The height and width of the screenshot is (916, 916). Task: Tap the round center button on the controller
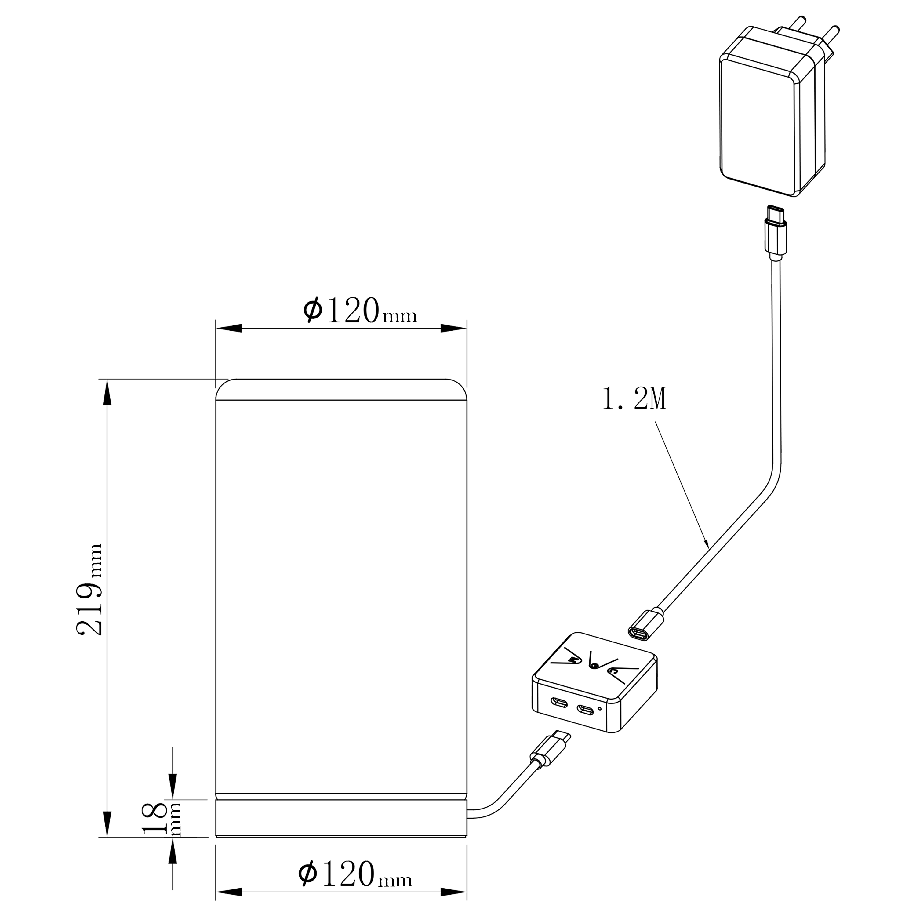[594, 667]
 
